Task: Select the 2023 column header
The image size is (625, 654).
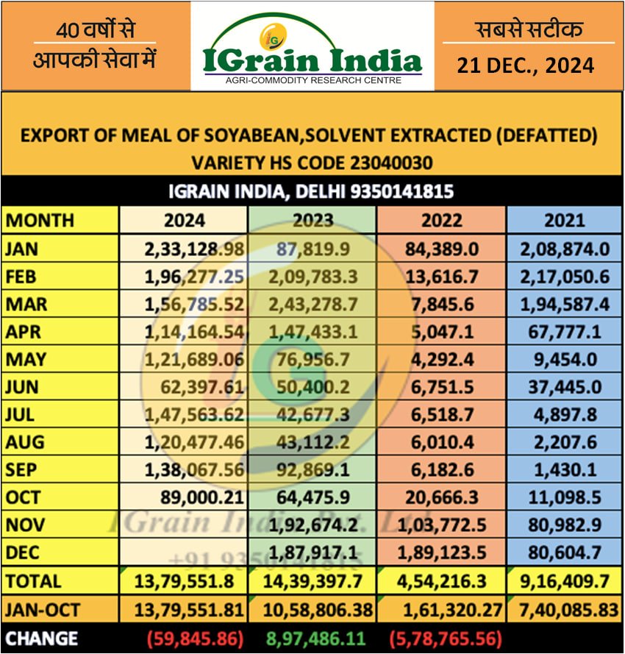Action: [x=312, y=220]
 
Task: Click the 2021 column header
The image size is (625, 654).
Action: [x=565, y=220]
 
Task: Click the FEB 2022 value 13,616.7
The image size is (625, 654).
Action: [x=442, y=277]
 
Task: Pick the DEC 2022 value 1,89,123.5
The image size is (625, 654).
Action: [x=442, y=553]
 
